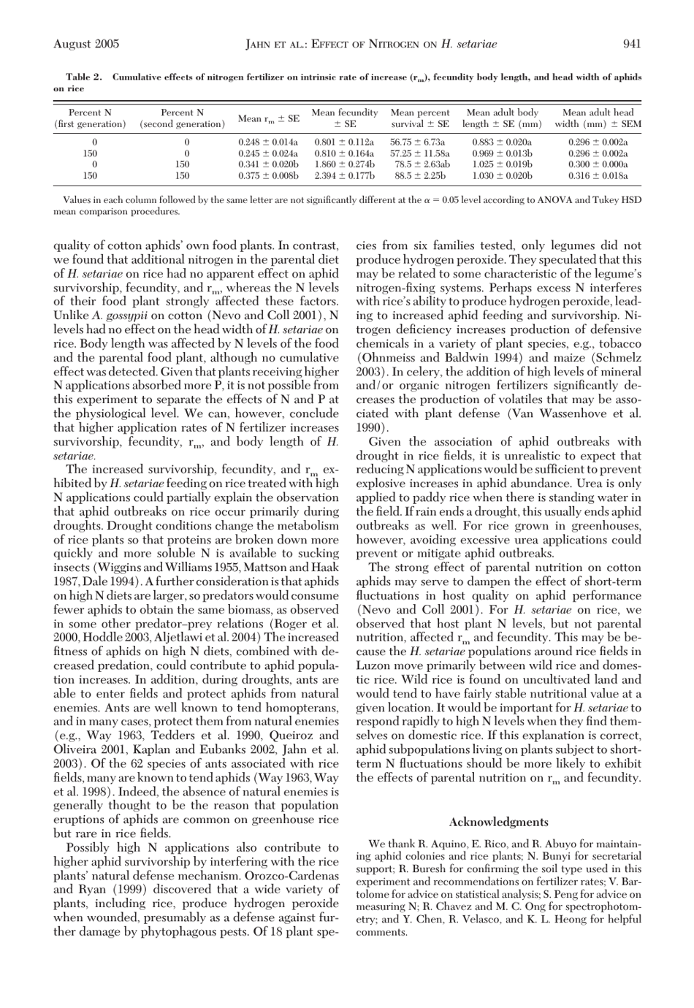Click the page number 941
tap(632, 44)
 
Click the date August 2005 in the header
tap(86, 44)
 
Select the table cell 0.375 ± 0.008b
tap(269, 176)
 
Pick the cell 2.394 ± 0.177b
tap(344, 176)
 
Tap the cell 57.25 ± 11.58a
tap(419, 154)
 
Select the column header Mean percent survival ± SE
tap(419, 118)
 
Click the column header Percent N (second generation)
tap(182, 118)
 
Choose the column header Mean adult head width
tap(598, 118)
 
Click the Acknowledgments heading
tap(498, 822)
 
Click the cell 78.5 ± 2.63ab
tap(422, 165)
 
